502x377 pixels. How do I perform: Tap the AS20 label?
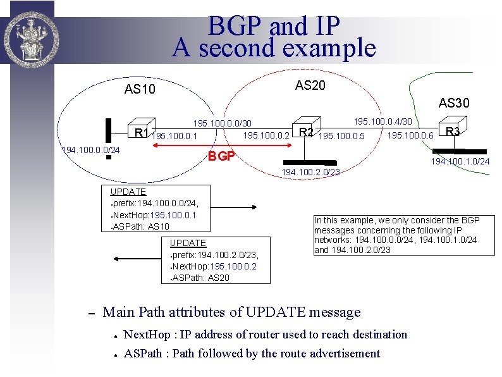click(310, 85)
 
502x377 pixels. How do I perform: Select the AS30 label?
click(454, 102)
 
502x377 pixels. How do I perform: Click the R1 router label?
click(142, 132)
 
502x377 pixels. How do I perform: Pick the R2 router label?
click(307, 132)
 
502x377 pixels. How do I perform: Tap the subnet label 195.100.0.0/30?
click(222, 123)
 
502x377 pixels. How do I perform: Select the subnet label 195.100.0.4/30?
click(383, 121)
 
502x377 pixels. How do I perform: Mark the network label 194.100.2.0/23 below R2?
click(310, 171)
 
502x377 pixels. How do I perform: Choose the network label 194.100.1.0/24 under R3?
click(460, 161)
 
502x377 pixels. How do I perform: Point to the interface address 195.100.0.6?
click(410, 135)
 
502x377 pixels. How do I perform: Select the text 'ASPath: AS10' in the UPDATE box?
click(140, 226)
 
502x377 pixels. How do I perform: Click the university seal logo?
click(27, 32)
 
